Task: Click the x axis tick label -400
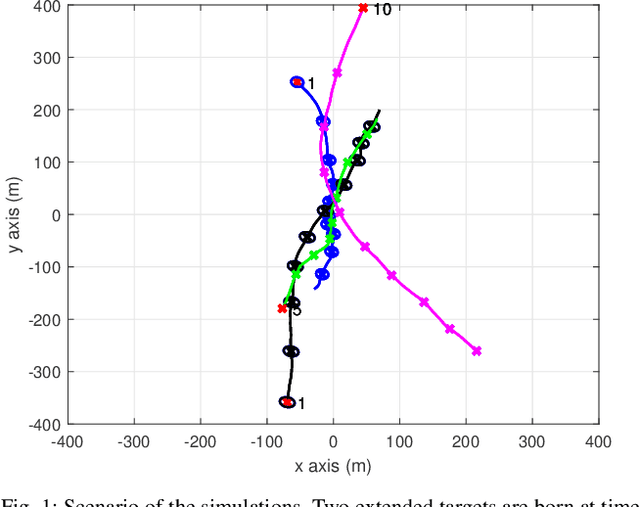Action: click(67, 440)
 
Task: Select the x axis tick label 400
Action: click(598, 440)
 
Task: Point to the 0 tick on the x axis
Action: click(333, 440)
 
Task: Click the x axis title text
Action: click(333, 465)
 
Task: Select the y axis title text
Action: click(14, 214)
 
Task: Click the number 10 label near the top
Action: click(381, 9)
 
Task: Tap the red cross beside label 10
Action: click(363, 8)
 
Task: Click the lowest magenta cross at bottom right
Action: click(476, 351)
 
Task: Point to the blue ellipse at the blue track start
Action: click(297, 82)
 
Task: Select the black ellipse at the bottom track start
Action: click(288, 402)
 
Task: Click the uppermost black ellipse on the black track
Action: click(372, 127)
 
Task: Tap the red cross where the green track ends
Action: click(282, 308)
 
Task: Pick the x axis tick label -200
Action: click(200, 440)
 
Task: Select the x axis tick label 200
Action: click(465, 440)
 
